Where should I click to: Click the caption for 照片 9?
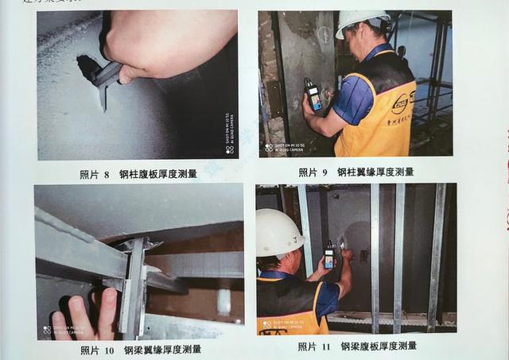pos(356,172)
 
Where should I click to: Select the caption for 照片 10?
pos(140,349)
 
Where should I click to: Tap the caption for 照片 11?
pos(357,346)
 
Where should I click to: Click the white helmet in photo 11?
pos(278,231)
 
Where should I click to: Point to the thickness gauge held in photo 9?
pos(313,94)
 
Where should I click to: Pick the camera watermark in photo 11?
pos(278,325)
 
